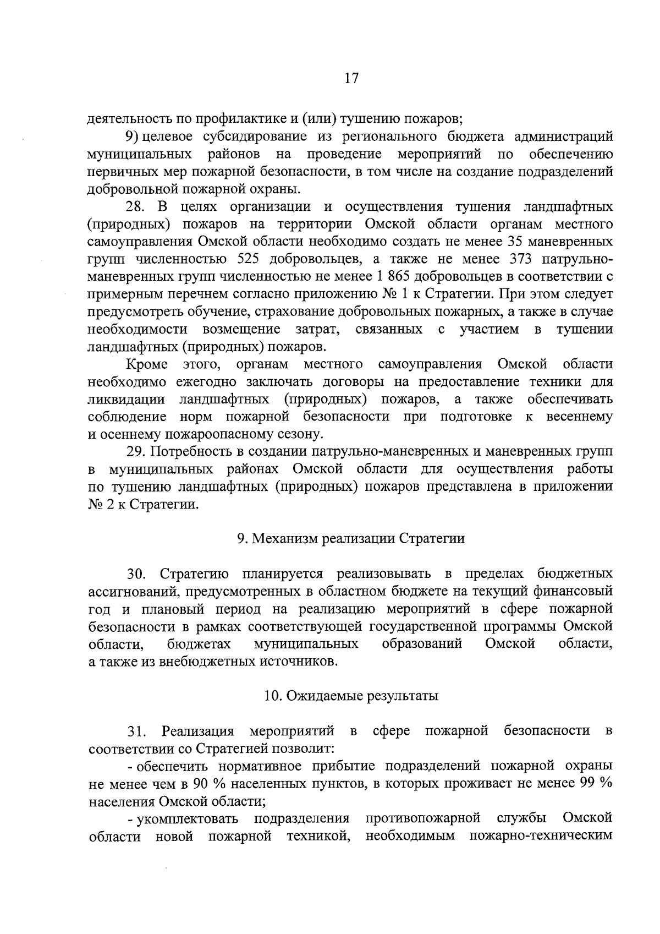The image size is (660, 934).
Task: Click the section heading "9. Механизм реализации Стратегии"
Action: [x=351, y=538]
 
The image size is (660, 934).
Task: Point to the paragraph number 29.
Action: [x=137, y=452]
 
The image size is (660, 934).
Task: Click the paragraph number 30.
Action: [x=137, y=574]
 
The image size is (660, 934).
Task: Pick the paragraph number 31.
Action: [x=137, y=731]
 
